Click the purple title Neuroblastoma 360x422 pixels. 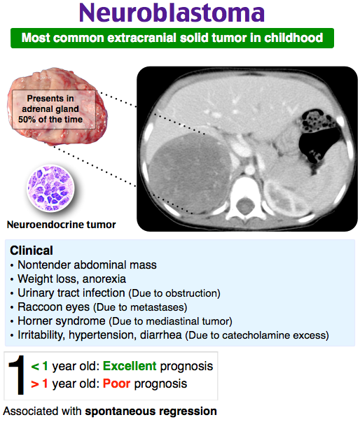pyautogui.click(x=172, y=13)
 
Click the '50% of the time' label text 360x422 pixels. pyautogui.click(x=50, y=119)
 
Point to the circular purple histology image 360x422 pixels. pyautogui.click(x=50, y=188)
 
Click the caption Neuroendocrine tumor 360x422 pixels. pyautogui.click(x=61, y=225)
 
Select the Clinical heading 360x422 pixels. pyautogui.click(x=32, y=251)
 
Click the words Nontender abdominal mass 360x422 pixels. pyautogui.click(x=87, y=265)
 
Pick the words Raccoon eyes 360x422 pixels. pyautogui.click(x=54, y=307)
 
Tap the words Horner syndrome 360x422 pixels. pyautogui.click(x=62, y=321)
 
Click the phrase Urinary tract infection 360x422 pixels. pyautogui.click(x=71, y=293)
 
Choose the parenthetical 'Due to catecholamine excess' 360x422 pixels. pyautogui.click(x=257, y=335)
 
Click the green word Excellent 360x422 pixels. pyautogui.click(x=130, y=366)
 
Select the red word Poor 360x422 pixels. pyautogui.click(x=116, y=384)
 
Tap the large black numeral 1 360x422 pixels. pyautogui.click(x=17, y=375)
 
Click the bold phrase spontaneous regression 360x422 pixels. pyautogui.click(x=151, y=412)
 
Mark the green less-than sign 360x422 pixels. pyautogui.click(x=35, y=367)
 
